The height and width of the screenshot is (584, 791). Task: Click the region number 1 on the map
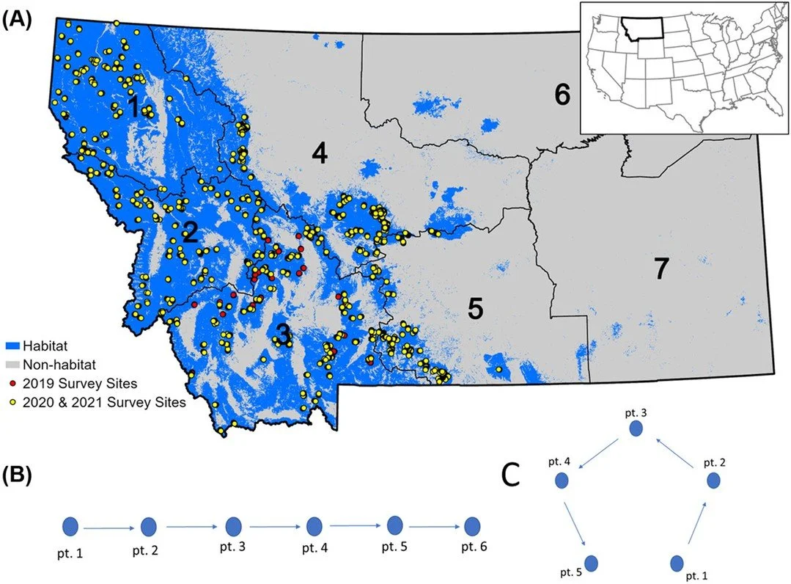[133, 108]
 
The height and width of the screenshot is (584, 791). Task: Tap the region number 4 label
[318, 154]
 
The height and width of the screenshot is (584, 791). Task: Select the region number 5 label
[476, 310]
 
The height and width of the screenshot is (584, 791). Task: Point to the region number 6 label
[562, 95]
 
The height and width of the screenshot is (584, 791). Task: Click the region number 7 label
[661, 269]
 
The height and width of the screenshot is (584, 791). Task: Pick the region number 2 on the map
[190, 233]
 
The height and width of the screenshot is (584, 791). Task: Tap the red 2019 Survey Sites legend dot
[12, 382]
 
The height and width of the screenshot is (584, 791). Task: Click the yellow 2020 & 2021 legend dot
[12, 401]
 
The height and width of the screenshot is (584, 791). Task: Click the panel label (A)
[18, 20]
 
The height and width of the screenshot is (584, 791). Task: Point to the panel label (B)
[18, 475]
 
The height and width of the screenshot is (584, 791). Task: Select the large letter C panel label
[511, 476]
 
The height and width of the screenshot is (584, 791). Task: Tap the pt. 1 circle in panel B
[70, 526]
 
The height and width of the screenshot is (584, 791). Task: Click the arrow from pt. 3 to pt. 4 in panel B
[273, 527]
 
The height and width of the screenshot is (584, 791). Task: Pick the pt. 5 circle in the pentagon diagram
[592, 563]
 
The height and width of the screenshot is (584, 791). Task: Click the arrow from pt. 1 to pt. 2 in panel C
[696, 525]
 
